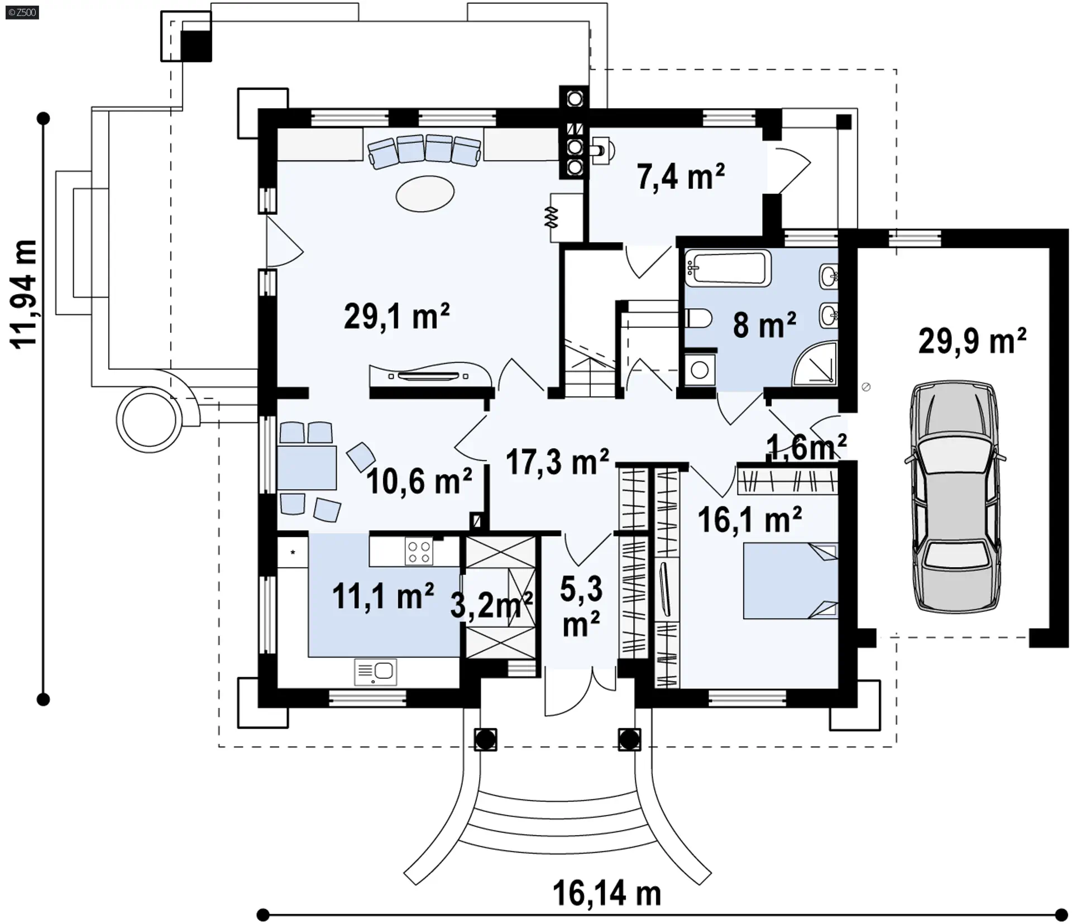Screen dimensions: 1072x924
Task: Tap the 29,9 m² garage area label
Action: point(972,341)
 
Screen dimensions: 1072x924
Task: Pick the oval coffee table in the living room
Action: point(425,193)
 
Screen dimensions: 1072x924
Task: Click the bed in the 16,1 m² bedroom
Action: point(790,581)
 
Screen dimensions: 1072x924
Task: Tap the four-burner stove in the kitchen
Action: point(419,552)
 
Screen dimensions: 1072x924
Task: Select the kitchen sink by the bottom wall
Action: point(375,672)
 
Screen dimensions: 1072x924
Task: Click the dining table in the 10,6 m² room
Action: point(307,468)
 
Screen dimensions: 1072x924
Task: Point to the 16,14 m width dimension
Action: point(607,894)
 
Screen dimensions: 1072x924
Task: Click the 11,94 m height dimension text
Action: point(25,295)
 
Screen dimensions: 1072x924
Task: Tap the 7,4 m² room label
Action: point(681,176)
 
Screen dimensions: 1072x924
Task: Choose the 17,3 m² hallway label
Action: point(557,462)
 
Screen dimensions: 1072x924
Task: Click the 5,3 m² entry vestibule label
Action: point(581,607)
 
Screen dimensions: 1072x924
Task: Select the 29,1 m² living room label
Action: point(396,316)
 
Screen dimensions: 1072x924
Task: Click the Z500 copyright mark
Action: point(22,12)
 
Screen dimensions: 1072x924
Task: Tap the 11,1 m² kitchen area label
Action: point(383,596)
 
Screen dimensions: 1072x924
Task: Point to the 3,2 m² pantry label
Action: point(492,605)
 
